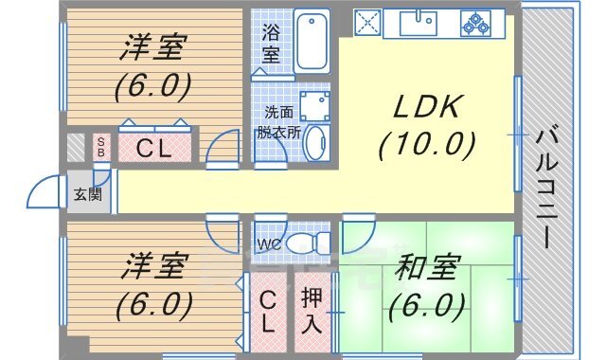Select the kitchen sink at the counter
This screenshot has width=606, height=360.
click(x=417, y=22)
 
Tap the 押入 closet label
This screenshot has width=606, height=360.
click(x=312, y=309)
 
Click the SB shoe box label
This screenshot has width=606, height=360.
click(x=101, y=148)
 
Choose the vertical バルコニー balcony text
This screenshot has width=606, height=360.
click(x=546, y=188)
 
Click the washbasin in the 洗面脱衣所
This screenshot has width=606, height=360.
click(x=315, y=145)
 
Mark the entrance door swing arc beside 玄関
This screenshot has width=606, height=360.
click(x=44, y=191)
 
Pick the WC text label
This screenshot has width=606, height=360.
click(x=270, y=244)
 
